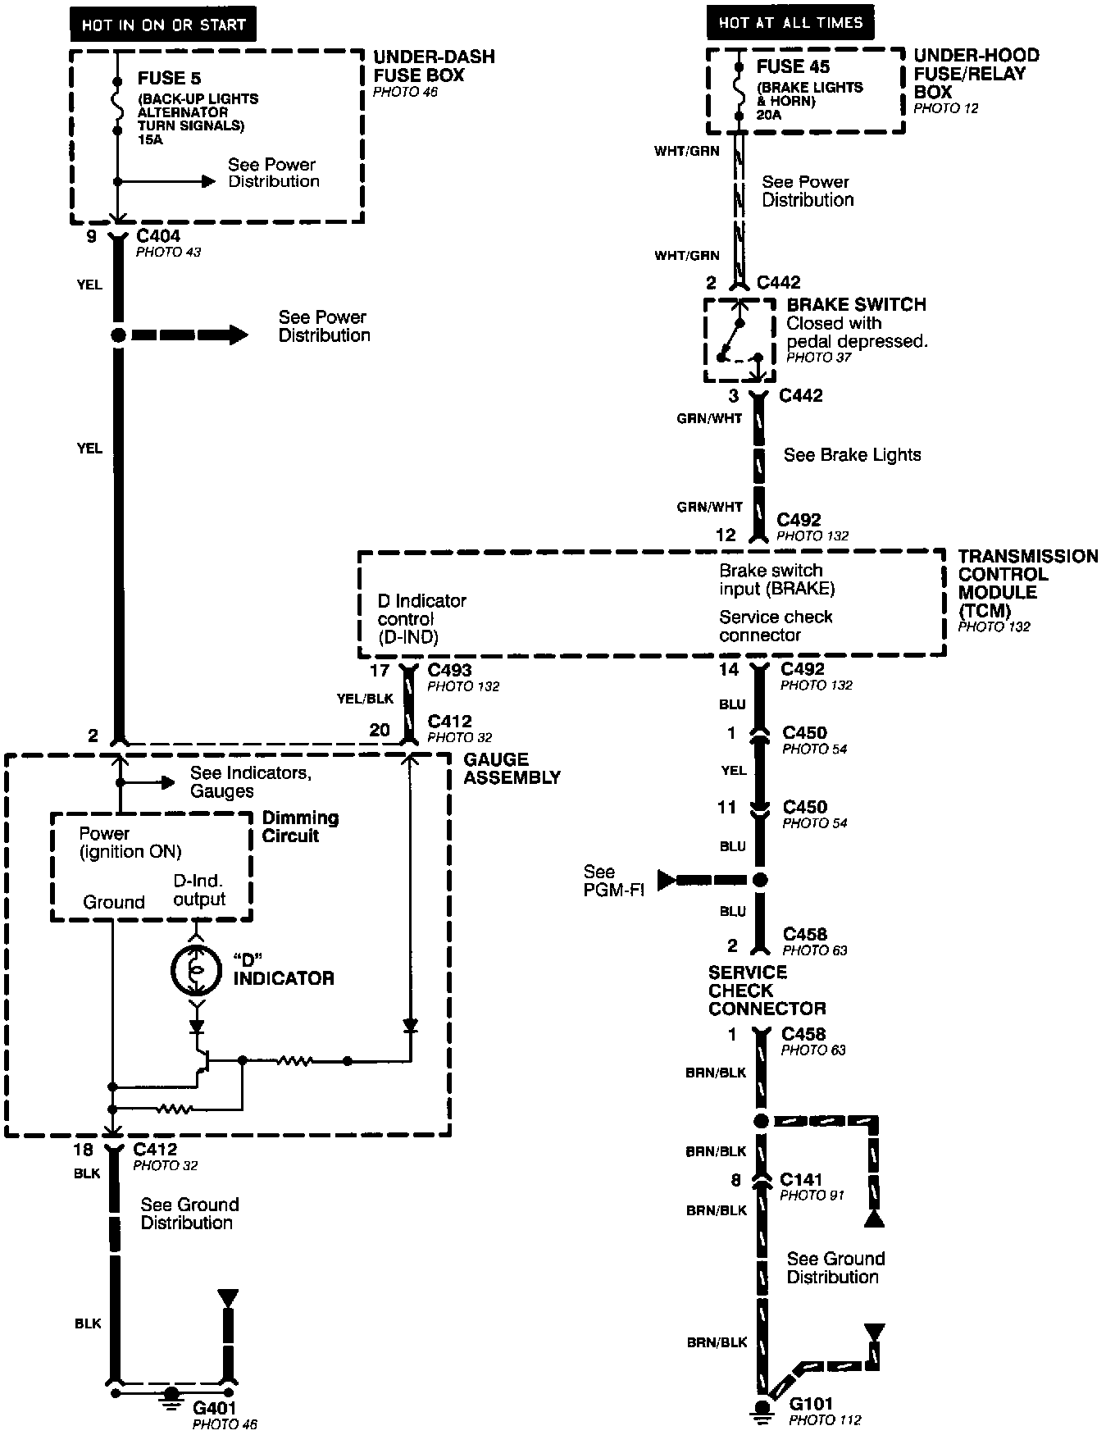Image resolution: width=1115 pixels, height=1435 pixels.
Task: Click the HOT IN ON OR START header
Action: pos(163,25)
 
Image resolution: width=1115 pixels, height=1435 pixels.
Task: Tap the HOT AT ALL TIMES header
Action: pos(790,22)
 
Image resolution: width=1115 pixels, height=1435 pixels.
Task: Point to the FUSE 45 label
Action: pos(793,66)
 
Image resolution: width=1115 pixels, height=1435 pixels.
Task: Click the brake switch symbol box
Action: pos(739,339)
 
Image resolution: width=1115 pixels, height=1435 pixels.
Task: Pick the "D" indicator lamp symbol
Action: pos(195,970)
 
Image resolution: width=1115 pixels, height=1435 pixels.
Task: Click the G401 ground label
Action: pos(214,1408)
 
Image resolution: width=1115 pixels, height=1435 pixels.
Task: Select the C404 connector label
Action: pos(158,236)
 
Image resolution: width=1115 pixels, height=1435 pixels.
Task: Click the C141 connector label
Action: pos(801,1179)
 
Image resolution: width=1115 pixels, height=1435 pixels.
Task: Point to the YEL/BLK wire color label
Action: pos(365,699)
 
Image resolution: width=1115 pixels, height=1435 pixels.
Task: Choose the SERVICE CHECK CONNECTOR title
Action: pos(767,991)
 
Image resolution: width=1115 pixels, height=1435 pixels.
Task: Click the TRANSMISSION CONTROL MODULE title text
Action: pos(1028,583)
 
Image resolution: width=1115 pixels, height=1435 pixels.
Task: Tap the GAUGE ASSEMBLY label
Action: pos(512,768)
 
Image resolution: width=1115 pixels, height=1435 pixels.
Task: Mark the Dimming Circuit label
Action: pos(300,827)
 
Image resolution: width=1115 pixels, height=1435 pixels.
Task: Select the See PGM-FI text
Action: pos(612,880)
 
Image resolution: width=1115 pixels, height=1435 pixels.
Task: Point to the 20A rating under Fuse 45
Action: pos(769,115)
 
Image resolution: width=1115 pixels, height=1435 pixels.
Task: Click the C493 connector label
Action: pos(450,670)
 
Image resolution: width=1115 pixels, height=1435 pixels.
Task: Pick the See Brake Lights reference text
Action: pos(853,455)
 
